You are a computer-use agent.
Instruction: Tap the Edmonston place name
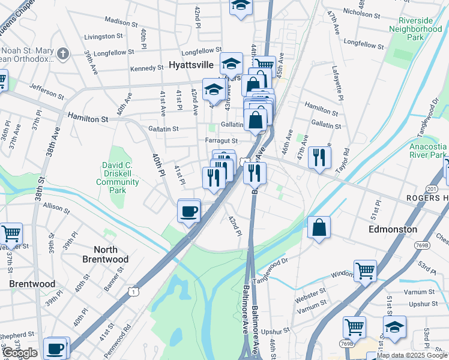(x=393, y=229)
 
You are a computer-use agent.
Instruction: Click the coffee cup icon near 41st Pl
(x=189, y=211)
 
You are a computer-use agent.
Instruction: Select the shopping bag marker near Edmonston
(x=319, y=228)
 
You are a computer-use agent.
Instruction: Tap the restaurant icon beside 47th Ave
(x=319, y=158)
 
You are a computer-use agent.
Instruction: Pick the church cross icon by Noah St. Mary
(x=63, y=55)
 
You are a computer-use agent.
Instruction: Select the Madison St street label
(x=121, y=21)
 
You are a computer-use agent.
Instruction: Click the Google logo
(x=20, y=353)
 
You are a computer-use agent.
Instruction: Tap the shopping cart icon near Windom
(x=365, y=271)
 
